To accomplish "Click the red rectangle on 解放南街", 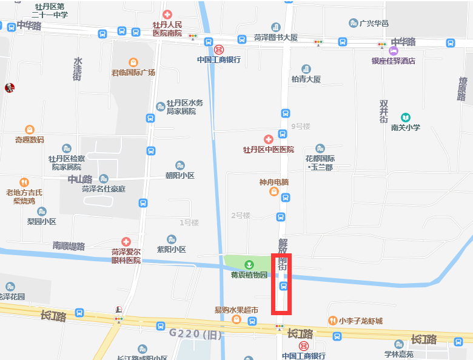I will click(282, 283).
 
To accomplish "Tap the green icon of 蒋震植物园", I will click(249, 264).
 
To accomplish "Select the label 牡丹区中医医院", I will click(268, 150).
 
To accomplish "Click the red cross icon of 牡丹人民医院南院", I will click(167, 14).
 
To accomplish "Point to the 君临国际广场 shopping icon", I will click(133, 62).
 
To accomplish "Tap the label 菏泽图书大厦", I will click(276, 38).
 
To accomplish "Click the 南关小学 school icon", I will click(405, 117).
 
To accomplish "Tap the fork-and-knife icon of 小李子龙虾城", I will click(332, 321).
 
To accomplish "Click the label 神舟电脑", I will click(274, 182).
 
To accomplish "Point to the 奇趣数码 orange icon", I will click(29, 129).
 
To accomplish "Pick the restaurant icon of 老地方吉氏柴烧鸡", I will click(24, 182).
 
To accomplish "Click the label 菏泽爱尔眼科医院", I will click(126, 256).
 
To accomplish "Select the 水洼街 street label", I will click(78, 69).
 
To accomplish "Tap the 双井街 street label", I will click(384, 112).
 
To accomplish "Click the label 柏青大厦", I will click(306, 79).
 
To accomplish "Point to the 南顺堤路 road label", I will click(69, 246).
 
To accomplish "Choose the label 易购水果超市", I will click(236, 310).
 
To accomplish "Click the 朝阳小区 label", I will click(179, 176).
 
